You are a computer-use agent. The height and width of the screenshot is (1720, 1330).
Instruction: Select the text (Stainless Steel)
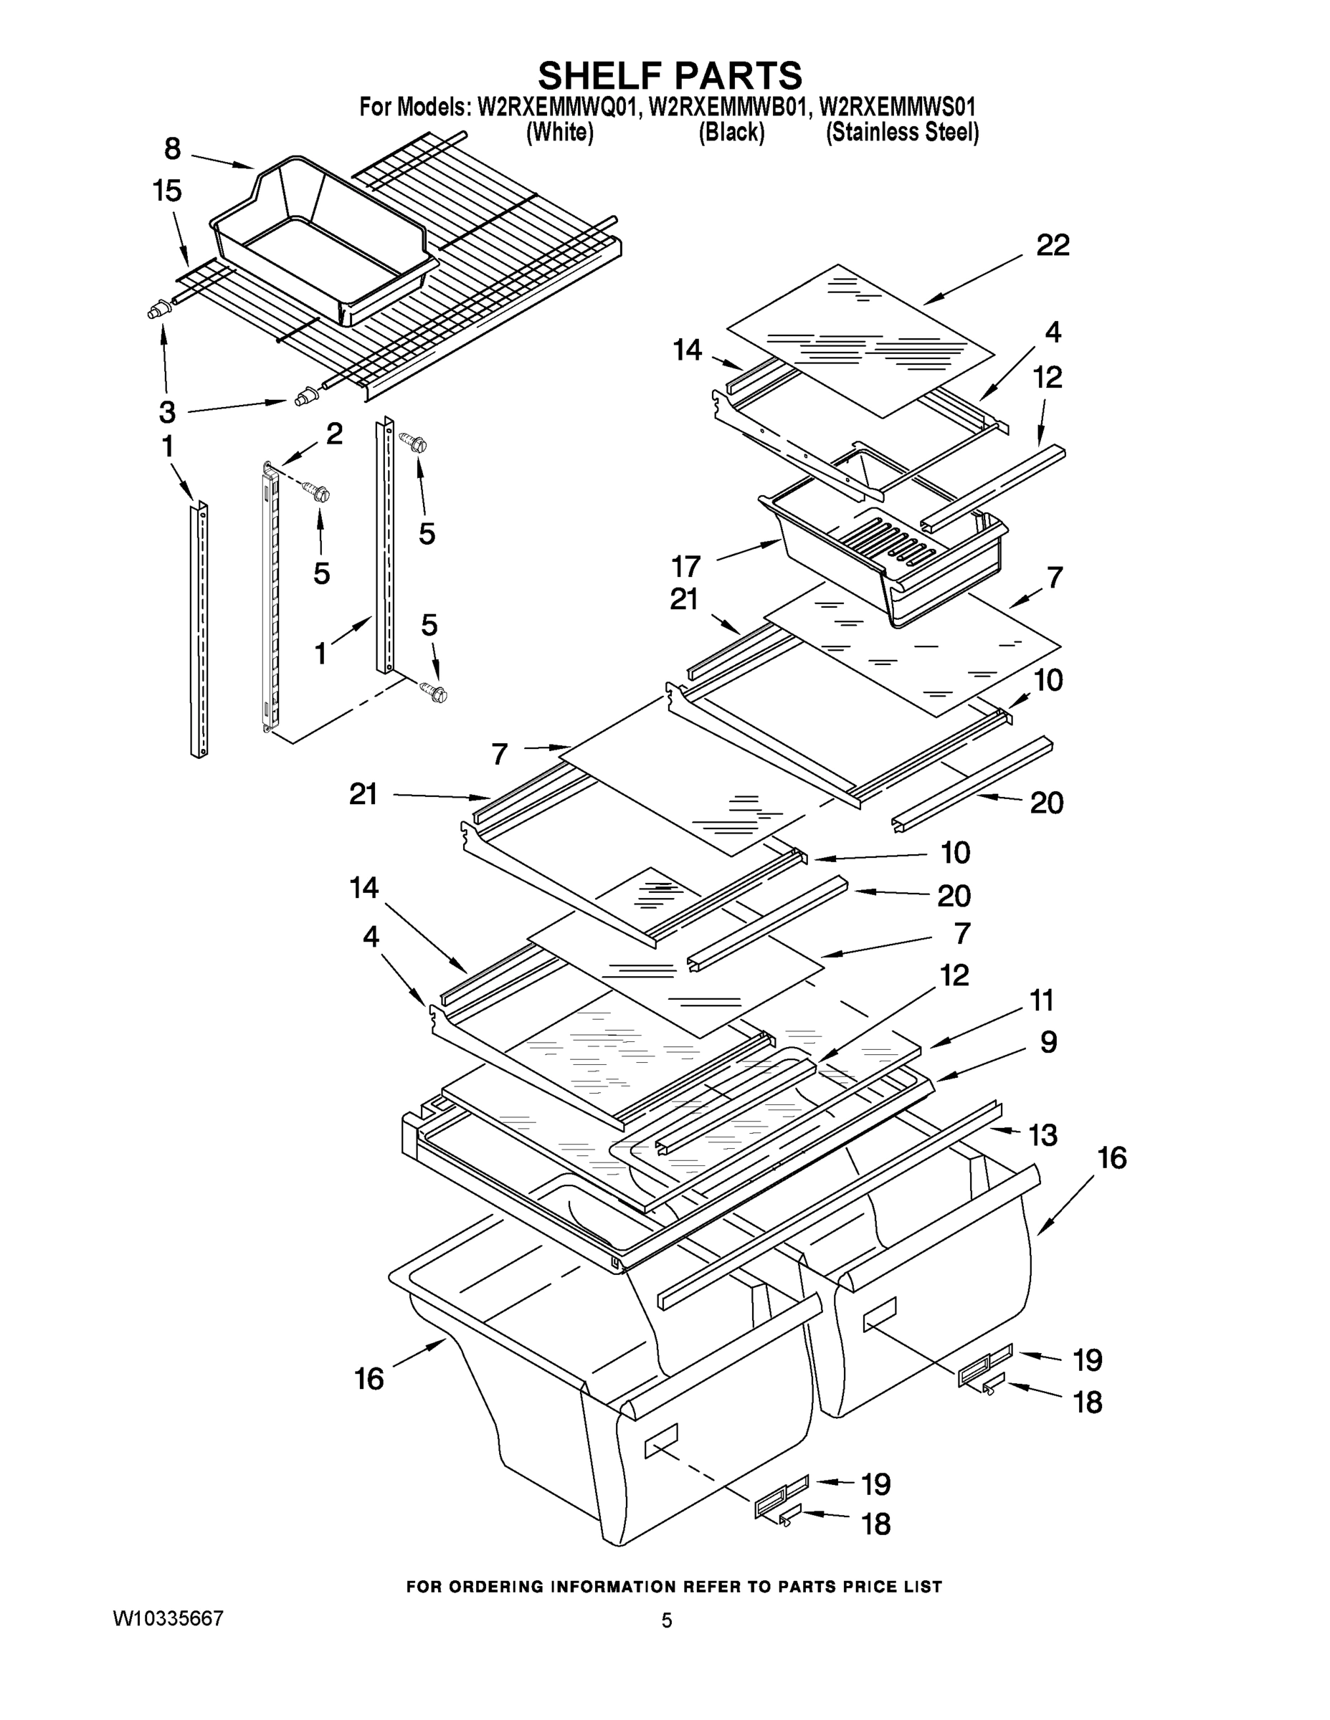point(901,133)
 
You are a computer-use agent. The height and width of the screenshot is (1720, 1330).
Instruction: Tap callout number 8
point(173,149)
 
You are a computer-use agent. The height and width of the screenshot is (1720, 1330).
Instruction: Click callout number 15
point(167,191)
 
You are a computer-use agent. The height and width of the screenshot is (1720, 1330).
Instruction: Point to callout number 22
point(1053,246)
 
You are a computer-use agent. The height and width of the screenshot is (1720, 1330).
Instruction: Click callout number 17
point(685,565)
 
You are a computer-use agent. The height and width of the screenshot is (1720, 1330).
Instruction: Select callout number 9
point(1048,1043)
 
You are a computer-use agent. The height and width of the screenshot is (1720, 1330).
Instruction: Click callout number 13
point(1043,1136)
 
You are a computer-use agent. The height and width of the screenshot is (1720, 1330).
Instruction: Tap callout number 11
point(1042,1001)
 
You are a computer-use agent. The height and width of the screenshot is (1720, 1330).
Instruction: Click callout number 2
point(334,433)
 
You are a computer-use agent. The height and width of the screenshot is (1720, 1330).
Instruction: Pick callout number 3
point(167,411)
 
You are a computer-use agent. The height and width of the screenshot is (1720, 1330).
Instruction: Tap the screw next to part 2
point(319,494)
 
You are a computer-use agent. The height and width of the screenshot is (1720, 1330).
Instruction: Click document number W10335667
point(168,1618)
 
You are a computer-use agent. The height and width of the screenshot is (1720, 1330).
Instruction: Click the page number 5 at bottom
point(667,1620)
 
